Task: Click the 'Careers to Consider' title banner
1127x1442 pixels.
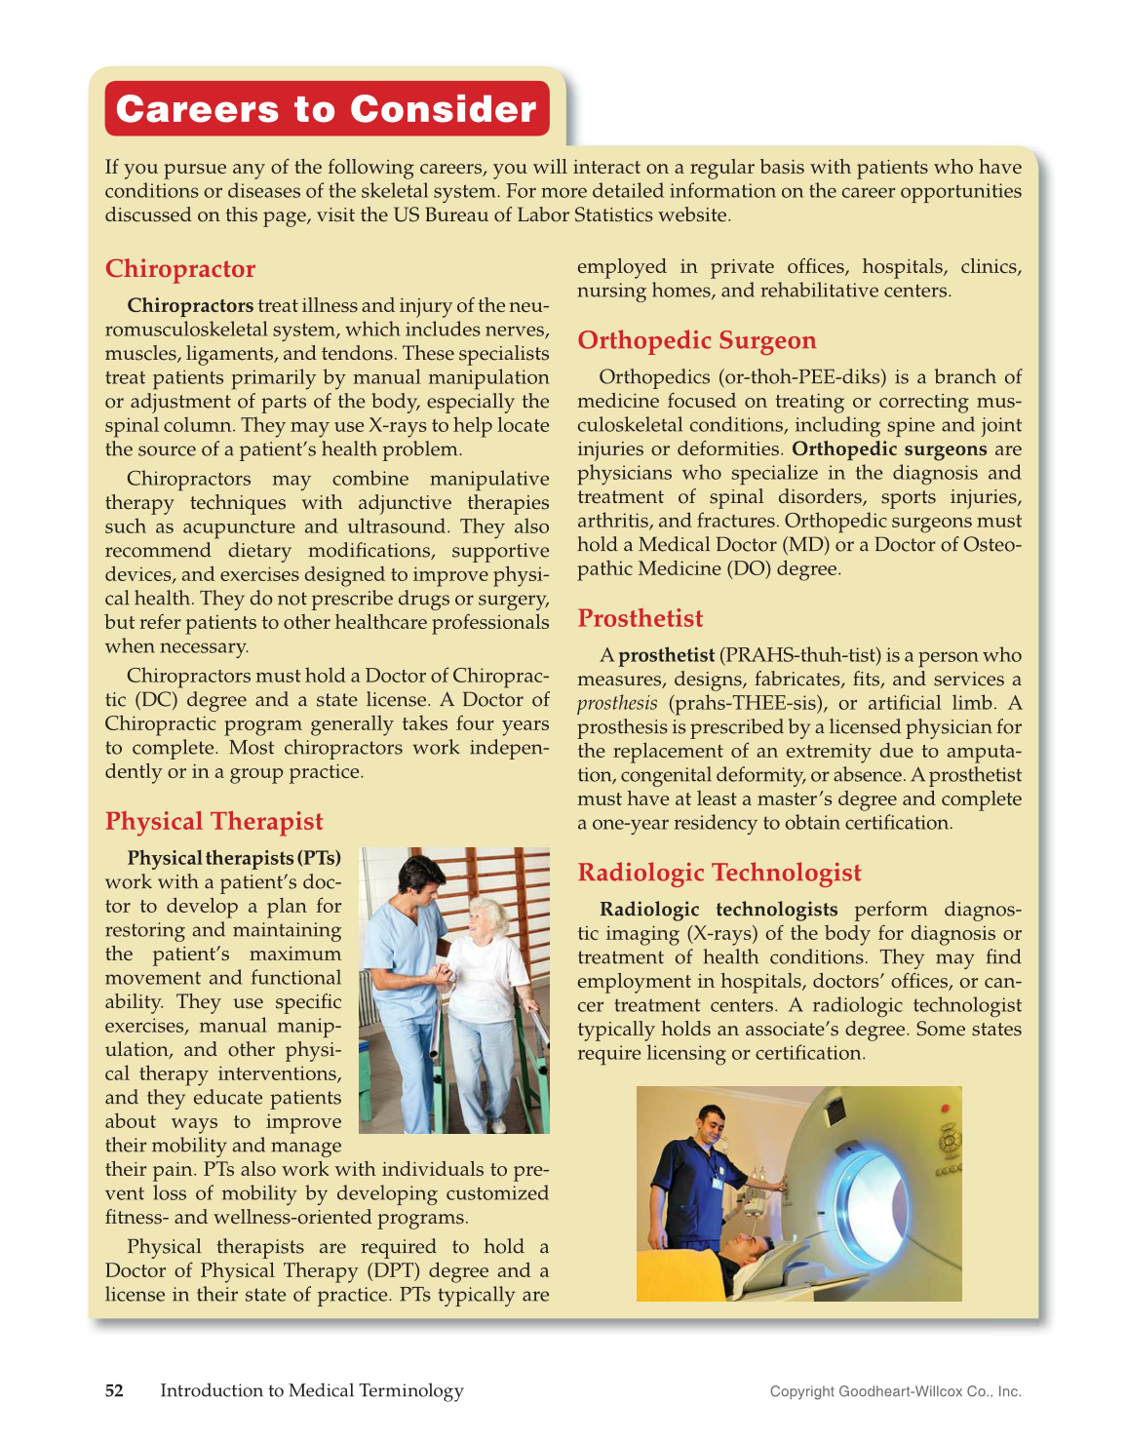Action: [x=327, y=109]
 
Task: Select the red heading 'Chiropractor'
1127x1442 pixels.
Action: [x=180, y=269]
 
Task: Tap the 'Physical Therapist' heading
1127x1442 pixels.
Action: [x=214, y=822]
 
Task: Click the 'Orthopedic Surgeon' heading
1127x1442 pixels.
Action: [x=696, y=340]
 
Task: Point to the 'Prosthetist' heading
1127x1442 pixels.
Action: [x=640, y=619]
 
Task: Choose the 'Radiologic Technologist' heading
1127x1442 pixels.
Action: [x=719, y=873]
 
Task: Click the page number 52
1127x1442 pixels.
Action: [x=114, y=1390]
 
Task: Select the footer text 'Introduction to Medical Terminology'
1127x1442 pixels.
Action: [x=312, y=1390]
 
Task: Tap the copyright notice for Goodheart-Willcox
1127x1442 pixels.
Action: [x=895, y=1391]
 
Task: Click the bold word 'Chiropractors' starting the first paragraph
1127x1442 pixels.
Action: [x=190, y=305]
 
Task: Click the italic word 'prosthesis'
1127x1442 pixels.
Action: [x=617, y=704]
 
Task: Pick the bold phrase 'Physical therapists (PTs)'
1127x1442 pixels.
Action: [x=234, y=858]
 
